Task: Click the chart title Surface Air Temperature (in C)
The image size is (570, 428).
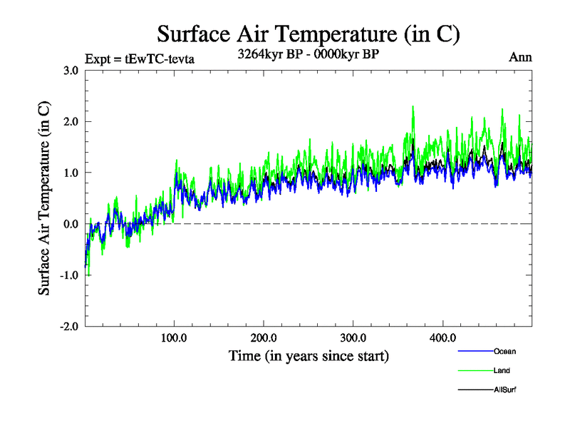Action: click(x=308, y=34)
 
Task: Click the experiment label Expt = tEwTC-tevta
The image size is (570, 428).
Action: click(x=139, y=58)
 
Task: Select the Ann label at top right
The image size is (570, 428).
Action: click(x=520, y=58)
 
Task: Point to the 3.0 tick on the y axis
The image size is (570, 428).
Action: click(x=71, y=70)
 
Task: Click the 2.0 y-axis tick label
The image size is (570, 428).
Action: click(x=71, y=121)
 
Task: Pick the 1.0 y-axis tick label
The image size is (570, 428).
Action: click(x=71, y=173)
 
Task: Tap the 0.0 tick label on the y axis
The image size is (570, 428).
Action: click(x=71, y=224)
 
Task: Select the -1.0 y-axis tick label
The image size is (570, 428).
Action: click(x=69, y=275)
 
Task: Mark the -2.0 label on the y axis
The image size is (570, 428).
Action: click(x=69, y=327)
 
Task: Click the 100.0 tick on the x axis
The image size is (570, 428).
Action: click(x=175, y=337)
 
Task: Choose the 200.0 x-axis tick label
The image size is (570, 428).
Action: click(x=264, y=337)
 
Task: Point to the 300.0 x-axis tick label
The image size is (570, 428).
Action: click(x=353, y=337)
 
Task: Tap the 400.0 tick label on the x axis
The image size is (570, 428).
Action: click(x=443, y=337)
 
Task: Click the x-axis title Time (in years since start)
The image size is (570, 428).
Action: click(x=309, y=355)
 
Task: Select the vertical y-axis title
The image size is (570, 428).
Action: click(x=44, y=198)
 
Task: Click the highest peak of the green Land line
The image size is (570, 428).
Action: click(x=413, y=106)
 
